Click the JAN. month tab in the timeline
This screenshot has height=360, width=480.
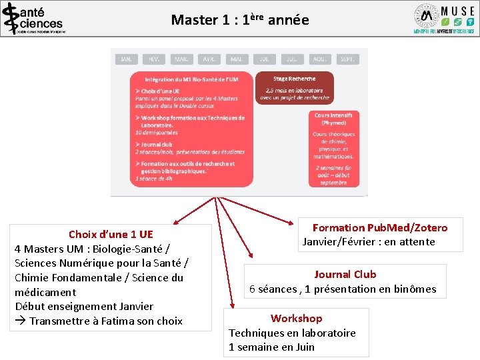tap(126, 59)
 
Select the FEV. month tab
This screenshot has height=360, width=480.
tap(153, 59)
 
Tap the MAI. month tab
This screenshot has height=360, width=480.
tap(236, 59)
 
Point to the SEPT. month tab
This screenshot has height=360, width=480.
tap(347, 59)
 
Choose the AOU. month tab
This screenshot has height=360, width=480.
tap(319, 59)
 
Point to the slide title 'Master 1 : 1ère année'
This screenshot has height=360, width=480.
tap(240, 20)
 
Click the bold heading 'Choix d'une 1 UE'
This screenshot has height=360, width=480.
tap(111, 234)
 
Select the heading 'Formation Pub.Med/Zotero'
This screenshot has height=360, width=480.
tap(380, 228)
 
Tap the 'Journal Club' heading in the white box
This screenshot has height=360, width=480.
tap(345, 274)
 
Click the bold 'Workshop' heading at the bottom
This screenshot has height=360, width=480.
tap(296, 319)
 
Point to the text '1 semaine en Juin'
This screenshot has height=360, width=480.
tap(271, 347)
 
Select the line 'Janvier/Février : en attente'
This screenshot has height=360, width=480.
tap(369, 242)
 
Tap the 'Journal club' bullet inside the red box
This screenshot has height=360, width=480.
tap(157, 144)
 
